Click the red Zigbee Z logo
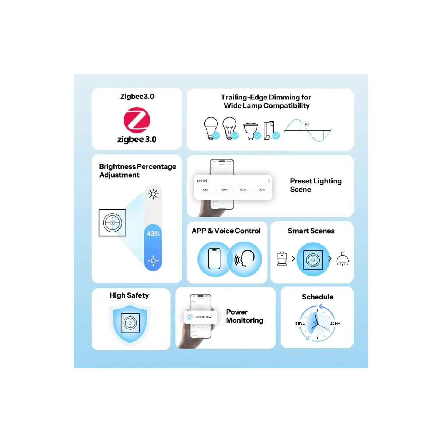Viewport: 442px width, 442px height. (x=137, y=120)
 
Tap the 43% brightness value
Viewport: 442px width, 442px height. (x=153, y=234)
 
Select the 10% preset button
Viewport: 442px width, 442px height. (x=206, y=190)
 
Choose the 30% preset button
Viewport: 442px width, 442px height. (x=224, y=190)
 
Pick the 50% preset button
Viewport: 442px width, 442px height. (x=243, y=190)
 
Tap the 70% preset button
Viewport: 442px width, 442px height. (x=262, y=190)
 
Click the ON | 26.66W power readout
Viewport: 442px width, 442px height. (x=203, y=317)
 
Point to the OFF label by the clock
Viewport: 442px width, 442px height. (x=335, y=323)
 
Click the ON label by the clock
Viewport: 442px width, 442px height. (x=299, y=323)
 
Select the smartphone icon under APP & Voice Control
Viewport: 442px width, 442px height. (x=214, y=259)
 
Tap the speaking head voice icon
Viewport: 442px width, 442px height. (x=245, y=259)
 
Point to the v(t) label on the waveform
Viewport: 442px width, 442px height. (x=307, y=124)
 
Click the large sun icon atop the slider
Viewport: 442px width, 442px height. (x=153, y=194)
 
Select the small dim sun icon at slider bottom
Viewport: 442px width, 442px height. (x=153, y=261)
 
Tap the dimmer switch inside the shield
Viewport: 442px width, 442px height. (x=130, y=323)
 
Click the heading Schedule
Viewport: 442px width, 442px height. (x=318, y=297)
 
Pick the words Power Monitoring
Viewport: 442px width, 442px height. (x=244, y=316)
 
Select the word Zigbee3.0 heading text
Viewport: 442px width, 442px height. (x=137, y=97)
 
